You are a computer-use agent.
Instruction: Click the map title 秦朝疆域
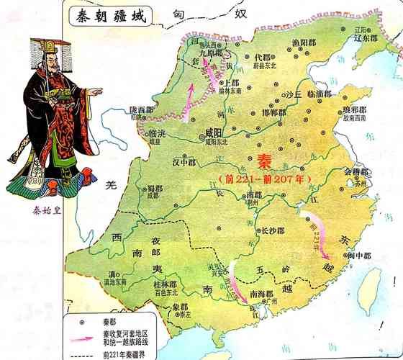[109, 17]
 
